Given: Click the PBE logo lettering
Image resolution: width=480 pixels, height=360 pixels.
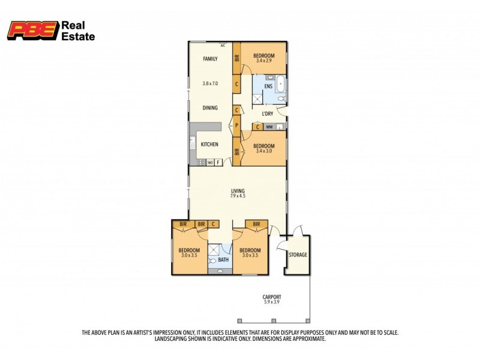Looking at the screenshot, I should click(33, 31).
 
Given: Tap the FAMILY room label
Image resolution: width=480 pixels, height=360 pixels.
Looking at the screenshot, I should click(209, 59).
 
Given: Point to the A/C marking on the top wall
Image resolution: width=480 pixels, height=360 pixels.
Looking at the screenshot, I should click(223, 45).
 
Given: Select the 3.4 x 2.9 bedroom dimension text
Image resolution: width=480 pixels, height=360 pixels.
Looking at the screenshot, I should click(264, 61).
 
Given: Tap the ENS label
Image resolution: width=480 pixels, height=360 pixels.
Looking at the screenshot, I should click(268, 86).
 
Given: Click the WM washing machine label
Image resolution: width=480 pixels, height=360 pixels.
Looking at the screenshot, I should click(269, 127).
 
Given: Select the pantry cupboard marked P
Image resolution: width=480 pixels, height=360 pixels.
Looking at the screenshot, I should click(237, 125).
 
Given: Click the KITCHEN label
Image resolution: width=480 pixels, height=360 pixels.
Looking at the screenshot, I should click(209, 145).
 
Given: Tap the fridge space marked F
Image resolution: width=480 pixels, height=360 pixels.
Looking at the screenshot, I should click(218, 162).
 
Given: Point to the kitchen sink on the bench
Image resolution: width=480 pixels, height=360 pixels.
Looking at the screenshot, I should click(193, 144).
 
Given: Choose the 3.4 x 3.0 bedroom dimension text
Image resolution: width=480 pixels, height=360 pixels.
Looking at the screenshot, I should click(264, 151).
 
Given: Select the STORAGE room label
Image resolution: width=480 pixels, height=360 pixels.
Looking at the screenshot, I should click(298, 255).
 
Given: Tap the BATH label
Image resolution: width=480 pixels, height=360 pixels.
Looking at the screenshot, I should click(223, 260).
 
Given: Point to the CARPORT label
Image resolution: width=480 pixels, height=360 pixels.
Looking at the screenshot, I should click(272, 297).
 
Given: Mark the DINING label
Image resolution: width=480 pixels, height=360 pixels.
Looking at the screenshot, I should click(209, 108).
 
